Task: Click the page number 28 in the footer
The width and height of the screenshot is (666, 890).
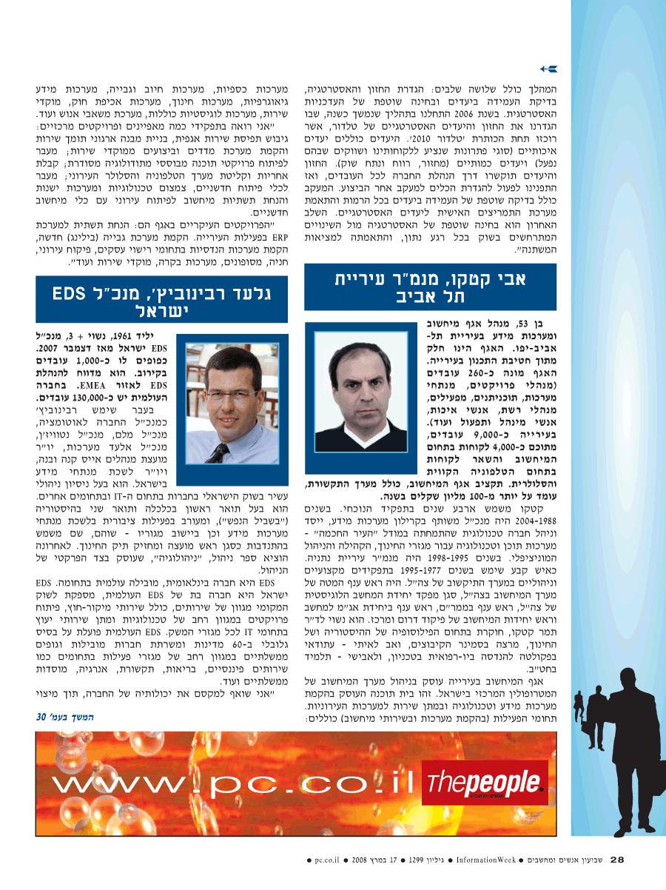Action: click(x=618, y=860)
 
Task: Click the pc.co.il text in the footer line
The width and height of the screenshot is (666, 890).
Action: click(x=326, y=860)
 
